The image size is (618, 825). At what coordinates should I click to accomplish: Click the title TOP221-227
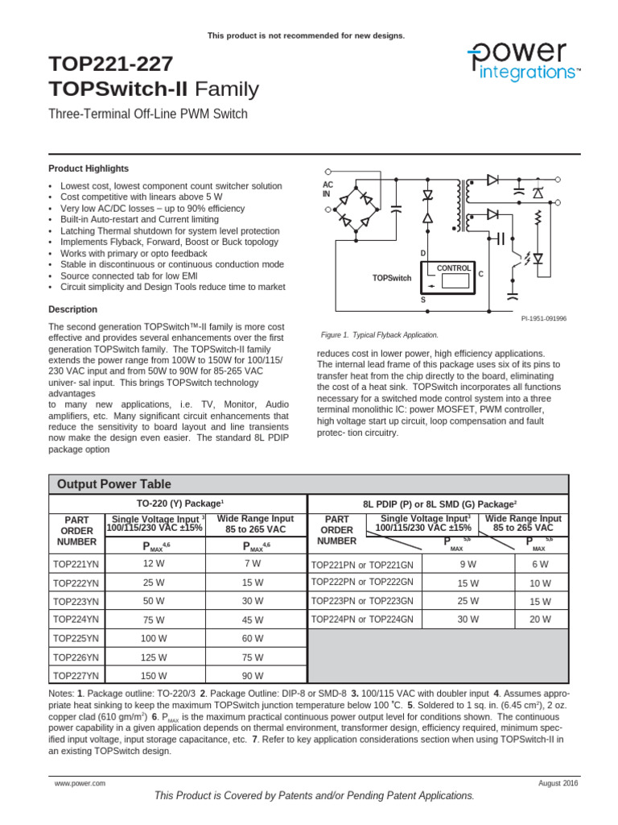tap(110, 64)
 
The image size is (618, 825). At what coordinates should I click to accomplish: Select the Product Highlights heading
tap(89, 168)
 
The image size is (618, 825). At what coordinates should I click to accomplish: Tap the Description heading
tap(73, 309)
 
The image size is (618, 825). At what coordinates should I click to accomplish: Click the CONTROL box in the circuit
tap(455, 267)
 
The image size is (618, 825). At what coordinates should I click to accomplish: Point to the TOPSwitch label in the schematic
tap(392, 278)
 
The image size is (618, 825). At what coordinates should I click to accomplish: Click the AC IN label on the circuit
tap(327, 189)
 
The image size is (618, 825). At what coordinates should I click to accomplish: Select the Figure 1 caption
tap(380, 334)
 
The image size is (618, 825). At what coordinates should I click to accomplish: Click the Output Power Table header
tap(113, 484)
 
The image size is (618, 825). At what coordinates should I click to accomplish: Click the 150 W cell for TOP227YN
tap(155, 675)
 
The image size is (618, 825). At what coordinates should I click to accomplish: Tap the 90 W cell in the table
tap(253, 675)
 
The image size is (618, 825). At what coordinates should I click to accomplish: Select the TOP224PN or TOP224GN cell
tap(362, 620)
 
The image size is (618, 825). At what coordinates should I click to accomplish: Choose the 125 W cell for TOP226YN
tap(155, 657)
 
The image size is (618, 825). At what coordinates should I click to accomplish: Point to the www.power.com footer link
tap(80, 783)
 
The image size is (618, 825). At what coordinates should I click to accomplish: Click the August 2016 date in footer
tap(558, 783)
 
